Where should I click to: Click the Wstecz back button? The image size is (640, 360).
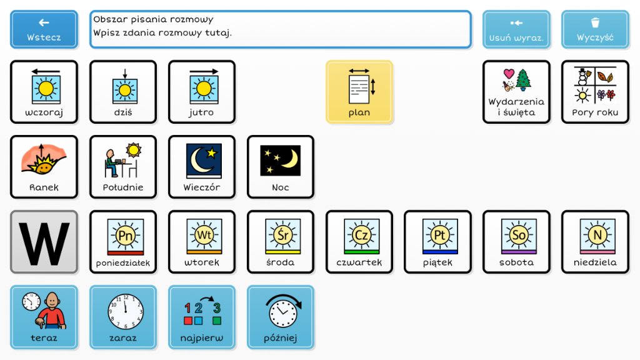44,29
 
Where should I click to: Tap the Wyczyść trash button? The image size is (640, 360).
595,29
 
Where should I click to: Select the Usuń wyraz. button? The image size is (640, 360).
516,29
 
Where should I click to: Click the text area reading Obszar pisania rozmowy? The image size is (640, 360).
281,29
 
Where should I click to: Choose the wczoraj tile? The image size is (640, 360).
44,92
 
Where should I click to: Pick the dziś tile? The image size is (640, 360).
123,92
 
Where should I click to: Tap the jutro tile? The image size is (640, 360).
202,92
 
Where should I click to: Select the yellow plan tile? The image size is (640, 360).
359,92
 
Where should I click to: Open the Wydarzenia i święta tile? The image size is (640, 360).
516,92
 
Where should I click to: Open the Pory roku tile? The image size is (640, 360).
595,92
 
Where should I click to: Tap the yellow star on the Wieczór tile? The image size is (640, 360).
211,153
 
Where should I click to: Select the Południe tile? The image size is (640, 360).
123,167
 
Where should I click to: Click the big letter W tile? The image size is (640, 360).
44,242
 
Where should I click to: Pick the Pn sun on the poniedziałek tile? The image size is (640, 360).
126,236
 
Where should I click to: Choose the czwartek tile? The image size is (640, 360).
359,242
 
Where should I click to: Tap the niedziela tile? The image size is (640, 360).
595,242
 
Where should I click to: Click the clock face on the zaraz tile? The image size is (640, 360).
125,311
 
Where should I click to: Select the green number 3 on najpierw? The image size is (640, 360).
217,307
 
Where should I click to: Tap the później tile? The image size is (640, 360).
281,317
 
